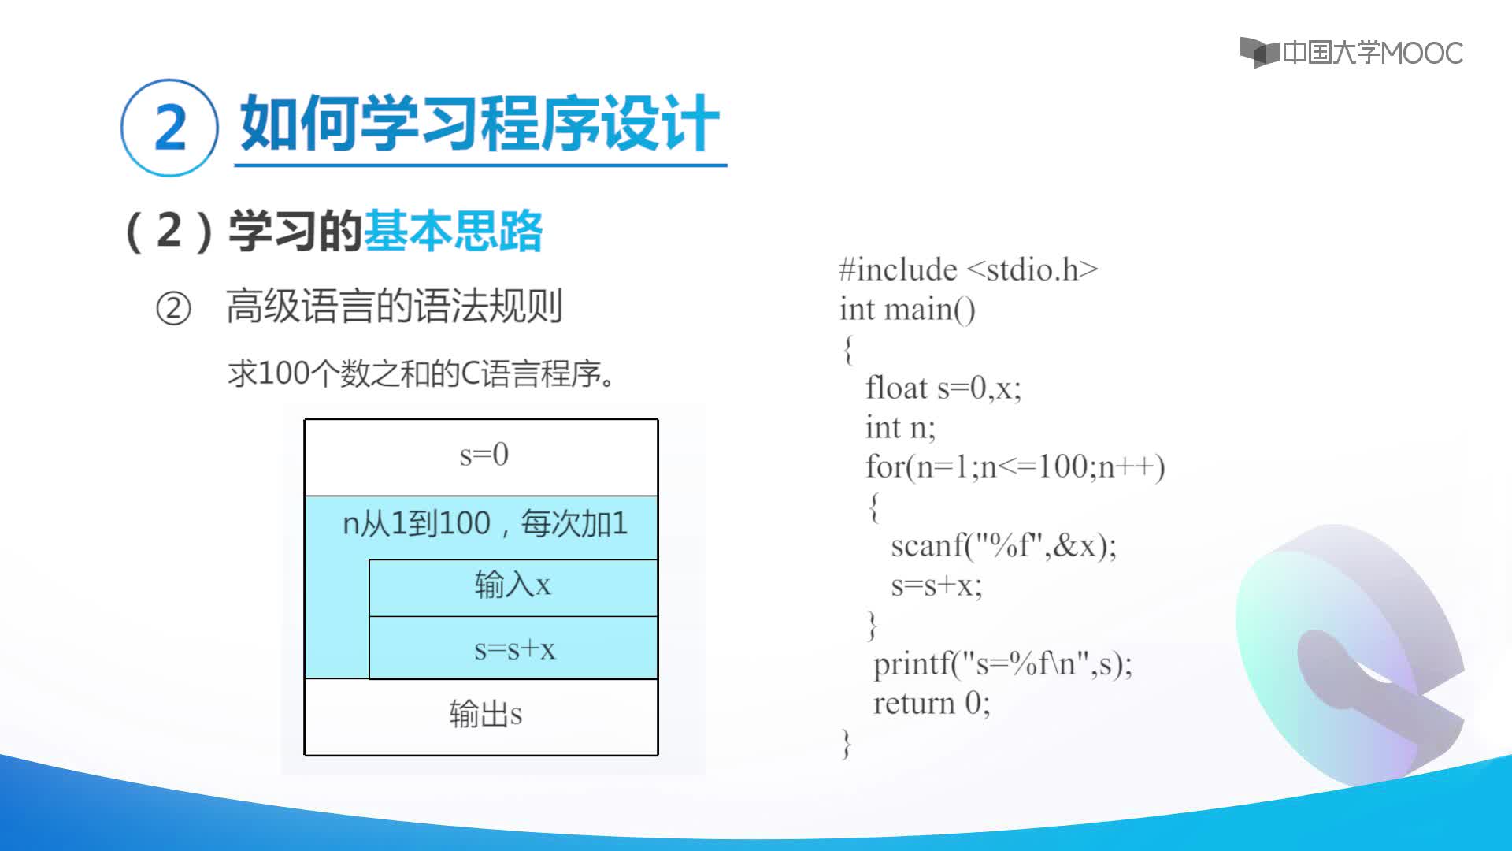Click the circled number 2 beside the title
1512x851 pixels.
pyautogui.click(x=169, y=128)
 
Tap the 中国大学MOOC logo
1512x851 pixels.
pyautogui.click(x=1351, y=53)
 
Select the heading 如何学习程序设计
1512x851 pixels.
pyautogui.click(x=480, y=123)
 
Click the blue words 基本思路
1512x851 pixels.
pyautogui.click(x=453, y=231)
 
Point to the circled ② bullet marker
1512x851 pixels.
pyautogui.click(x=173, y=308)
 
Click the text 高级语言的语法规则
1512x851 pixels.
pyautogui.click(x=395, y=307)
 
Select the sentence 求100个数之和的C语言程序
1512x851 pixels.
pyautogui.click(x=421, y=373)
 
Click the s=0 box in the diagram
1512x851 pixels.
pyautogui.click(x=481, y=457)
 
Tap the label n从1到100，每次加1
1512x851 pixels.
pyautogui.click(x=485, y=523)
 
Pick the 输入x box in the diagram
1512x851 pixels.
pyautogui.click(x=513, y=588)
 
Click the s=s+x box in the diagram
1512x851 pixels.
pyautogui.click(x=513, y=648)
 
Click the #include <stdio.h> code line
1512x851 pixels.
pyautogui.click(x=969, y=269)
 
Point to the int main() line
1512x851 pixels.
pyautogui.click(x=907, y=309)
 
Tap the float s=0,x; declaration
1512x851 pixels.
pyautogui.click(x=943, y=388)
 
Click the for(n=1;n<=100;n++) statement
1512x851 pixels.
pyautogui.click(x=1015, y=466)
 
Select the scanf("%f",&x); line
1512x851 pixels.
pyautogui.click(x=1004, y=545)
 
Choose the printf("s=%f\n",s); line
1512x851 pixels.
pyautogui.click(x=1002, y=663)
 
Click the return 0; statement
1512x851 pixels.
pyautogui.click(x=932, y=703)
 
